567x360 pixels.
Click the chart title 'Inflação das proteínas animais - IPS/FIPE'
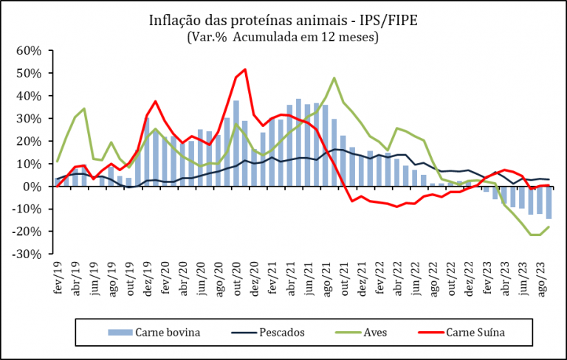point(283,20)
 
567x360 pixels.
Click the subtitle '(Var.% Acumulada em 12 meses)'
point(283,37)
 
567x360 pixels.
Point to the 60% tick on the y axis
point(29,51)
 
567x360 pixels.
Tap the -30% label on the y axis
point(27,254)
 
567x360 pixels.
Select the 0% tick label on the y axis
point(32,186)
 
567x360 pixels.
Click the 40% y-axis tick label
point(29,96)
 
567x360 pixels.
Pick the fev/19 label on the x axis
point(58,277)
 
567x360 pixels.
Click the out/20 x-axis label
point(236,279)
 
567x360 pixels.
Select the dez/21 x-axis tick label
point(362,279)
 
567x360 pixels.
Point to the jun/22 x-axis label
point(416,278)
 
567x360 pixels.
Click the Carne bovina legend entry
point(154,332)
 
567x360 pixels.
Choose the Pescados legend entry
point(268,332)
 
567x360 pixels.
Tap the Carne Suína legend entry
point(461,332)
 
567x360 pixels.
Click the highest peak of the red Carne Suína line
point(245,69)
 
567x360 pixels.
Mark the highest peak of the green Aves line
point(334,77)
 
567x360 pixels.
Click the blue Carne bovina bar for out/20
point(236,144)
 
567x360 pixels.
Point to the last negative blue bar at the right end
point(549,202)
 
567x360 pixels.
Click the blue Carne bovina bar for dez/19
point(147,152)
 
